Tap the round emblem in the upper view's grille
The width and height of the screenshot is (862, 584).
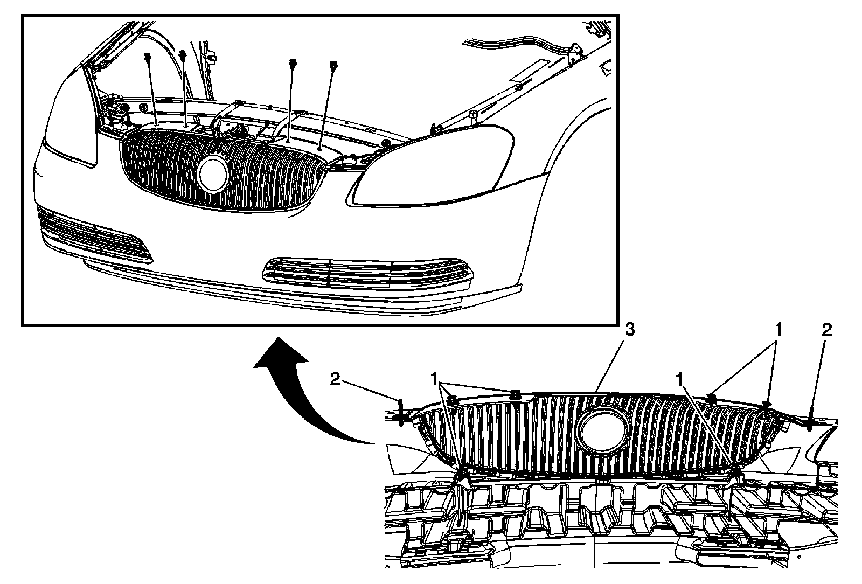click(x=214, y=173)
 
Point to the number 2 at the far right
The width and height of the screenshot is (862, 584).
click(x=826, y=330)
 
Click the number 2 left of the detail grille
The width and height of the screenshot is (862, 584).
click(x=335, y=380)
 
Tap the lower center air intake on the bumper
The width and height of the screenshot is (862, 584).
click(x=366, y=272)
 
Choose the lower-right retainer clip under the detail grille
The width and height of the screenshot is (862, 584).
click(x=736, y=473)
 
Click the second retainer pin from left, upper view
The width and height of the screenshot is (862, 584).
click(x=183, y=54)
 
